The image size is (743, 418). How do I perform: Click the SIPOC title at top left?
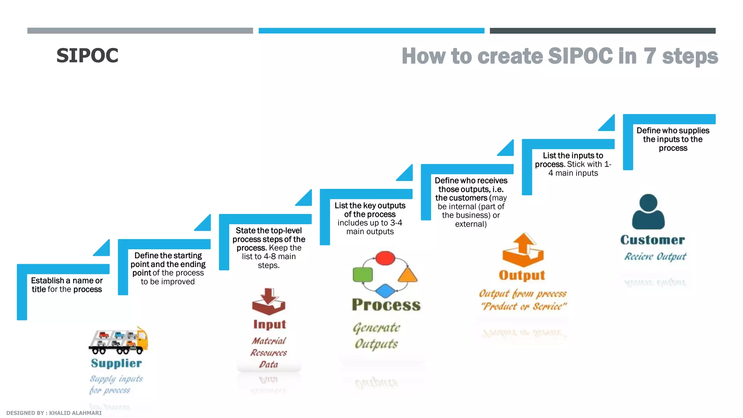[87, 56]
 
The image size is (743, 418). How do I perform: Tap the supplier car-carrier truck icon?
[118, 341]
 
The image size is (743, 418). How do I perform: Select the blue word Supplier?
[116, 363]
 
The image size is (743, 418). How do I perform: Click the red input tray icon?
[268, 302]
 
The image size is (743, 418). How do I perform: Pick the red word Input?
[270, 324]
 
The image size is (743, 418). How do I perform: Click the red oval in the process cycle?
[385, 258]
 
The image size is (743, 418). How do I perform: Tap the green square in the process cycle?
[362, 275]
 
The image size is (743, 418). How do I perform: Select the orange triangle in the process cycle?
[407, 275]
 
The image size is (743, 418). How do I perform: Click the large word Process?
[386, 305]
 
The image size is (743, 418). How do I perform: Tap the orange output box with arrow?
[523, 250]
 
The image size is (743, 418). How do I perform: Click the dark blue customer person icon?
[648, 212]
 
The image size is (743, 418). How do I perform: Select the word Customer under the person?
[652, 240]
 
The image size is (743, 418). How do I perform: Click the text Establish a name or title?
[67, 285]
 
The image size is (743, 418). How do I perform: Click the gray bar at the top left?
[140, 31]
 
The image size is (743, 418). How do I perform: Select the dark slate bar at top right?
[602, 31]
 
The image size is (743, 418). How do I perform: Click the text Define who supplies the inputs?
[673, 139]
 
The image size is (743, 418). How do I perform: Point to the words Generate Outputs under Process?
[376, 336]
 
